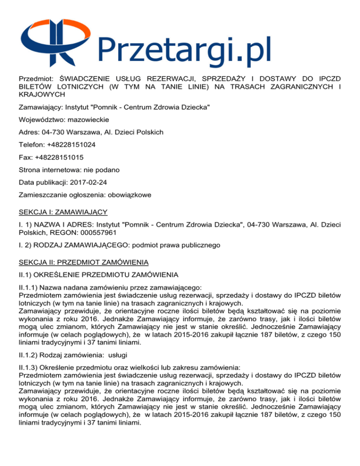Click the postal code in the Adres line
pyautogui.click(x=58, y=133)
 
